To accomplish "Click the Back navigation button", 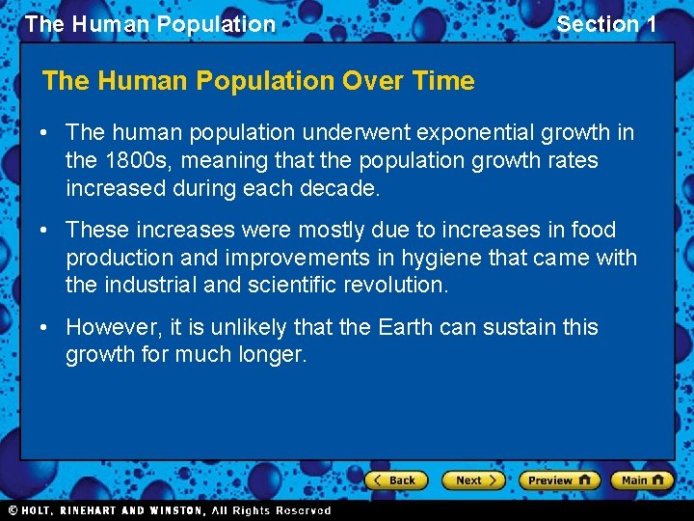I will [394, 480].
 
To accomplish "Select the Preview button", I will [558, 480].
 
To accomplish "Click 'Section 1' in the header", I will [606, 24].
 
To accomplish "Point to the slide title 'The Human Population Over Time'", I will [258, 81].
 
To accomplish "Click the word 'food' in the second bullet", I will [595, 230].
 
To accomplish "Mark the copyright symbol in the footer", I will [13, 510].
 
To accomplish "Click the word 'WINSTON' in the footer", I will [174, 510].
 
